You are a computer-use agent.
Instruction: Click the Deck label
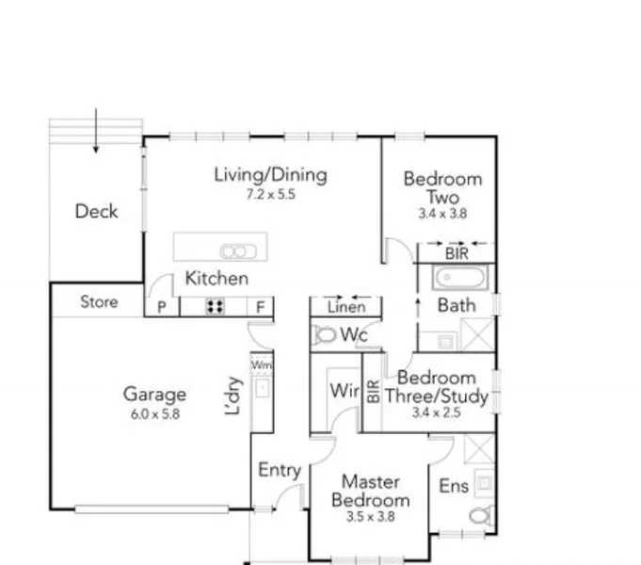point(97,211)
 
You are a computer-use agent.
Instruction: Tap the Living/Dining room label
point(270,174)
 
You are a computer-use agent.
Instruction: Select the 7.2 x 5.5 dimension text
point(270,195)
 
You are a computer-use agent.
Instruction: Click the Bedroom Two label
point(442,187)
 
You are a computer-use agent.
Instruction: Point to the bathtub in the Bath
point(460,279)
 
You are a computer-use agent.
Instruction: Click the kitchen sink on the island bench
point(233,250)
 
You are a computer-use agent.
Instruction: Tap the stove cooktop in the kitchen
point(215,306)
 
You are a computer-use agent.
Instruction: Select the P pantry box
point(161,307)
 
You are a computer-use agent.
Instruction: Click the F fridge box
point(260,307)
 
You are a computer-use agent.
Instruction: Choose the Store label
point(99,301)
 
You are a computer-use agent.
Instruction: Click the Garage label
point(154,395)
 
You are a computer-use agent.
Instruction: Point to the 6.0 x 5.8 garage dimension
point(154,412)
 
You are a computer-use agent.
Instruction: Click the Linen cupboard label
point(345,307)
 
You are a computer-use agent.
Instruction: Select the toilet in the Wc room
point(326,334)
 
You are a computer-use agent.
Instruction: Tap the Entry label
point(279,471)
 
